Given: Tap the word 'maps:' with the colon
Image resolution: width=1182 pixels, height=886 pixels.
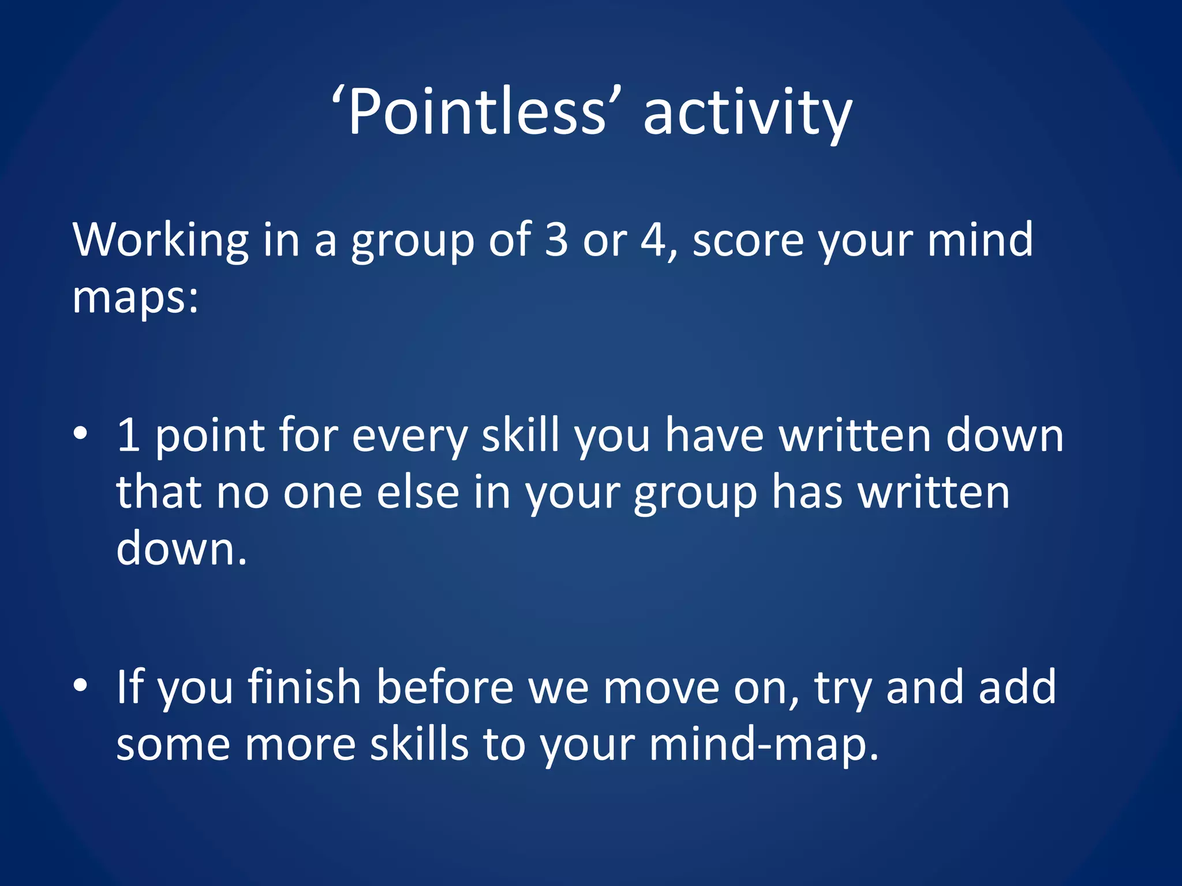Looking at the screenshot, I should (135, 298).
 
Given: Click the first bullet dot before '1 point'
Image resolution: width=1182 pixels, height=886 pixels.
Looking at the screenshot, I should (81, 433).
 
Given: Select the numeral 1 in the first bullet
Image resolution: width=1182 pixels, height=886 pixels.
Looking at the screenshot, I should (128, 435).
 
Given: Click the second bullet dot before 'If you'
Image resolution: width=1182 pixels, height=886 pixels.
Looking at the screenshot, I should (81, 685).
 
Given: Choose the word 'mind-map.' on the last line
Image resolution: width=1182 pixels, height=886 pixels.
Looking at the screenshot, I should (764, 744).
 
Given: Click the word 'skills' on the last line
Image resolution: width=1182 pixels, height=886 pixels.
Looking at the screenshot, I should (419, 744).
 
